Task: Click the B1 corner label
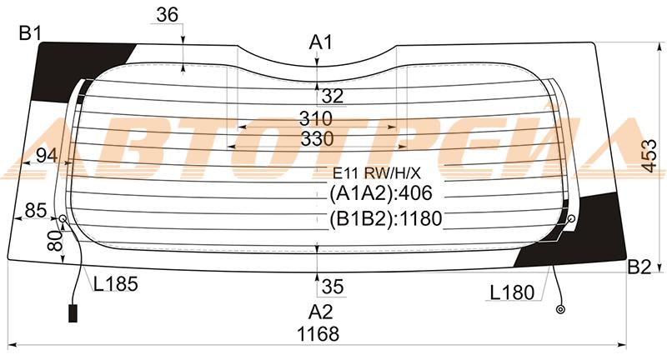(x=29, y=33)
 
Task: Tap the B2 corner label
(x=639, y=267)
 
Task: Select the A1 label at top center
(x=320, y=42)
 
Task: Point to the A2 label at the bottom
(x=320, y=312)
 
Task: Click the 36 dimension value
(x=167, y=15)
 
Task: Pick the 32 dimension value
(x=332, y=96)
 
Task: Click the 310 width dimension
(x=316, y=118)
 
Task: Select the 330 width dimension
(x=318, y=139)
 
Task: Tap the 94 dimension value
(x=47, y=156)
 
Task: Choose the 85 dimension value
(x=36, y=210)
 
